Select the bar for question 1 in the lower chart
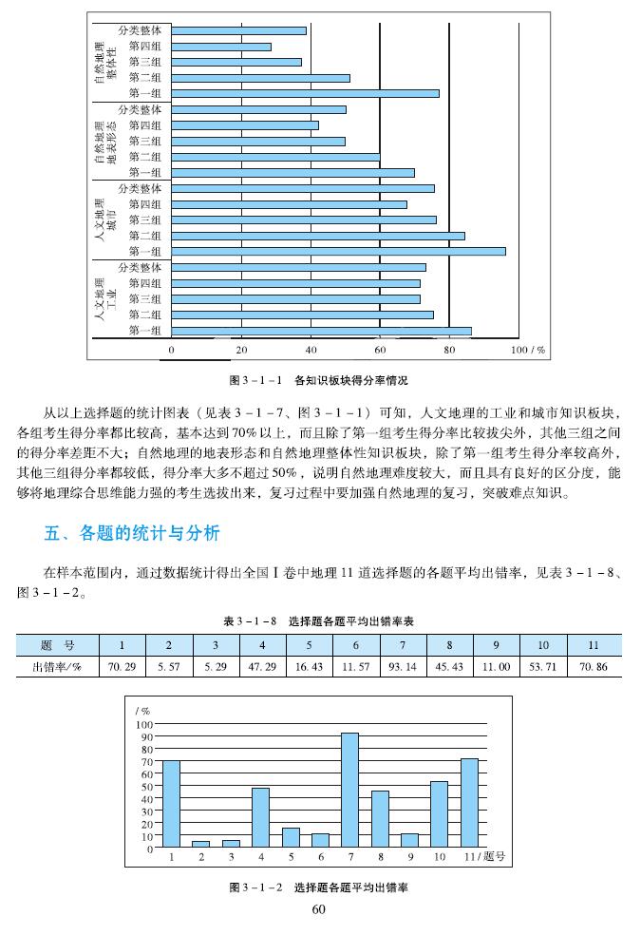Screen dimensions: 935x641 [x=172, y=804]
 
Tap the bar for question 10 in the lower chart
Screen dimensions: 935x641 [x=439, y=814]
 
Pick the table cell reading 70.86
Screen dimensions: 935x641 [x=593, y=667]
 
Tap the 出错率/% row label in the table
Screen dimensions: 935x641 [x=56, y=667]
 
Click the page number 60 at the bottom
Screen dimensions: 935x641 [x=319, y=910]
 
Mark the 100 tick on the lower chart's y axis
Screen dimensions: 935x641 [x=145, y=724]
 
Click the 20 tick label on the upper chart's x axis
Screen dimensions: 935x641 [x=241, y=350]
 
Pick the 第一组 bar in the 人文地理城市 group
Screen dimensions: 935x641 [x=339, y=251]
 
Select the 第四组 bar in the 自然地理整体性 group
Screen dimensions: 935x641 [x=221, y=46]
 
